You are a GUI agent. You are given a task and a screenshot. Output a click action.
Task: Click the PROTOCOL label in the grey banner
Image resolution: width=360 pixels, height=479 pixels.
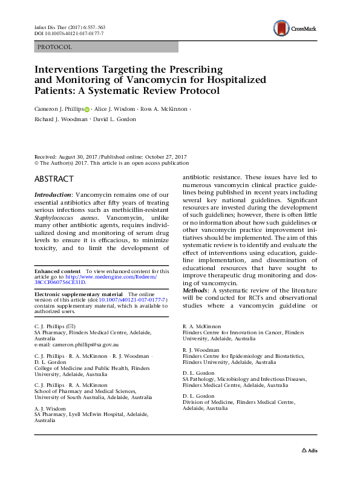pyautogui.click(x=54, y=47)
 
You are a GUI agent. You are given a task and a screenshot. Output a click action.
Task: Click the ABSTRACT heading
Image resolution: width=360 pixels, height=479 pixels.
pyautogui.click(x=54, y=179)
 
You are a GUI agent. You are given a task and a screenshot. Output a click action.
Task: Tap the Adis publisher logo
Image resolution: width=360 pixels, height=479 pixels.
pyautogui.click(x=309, y=451)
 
